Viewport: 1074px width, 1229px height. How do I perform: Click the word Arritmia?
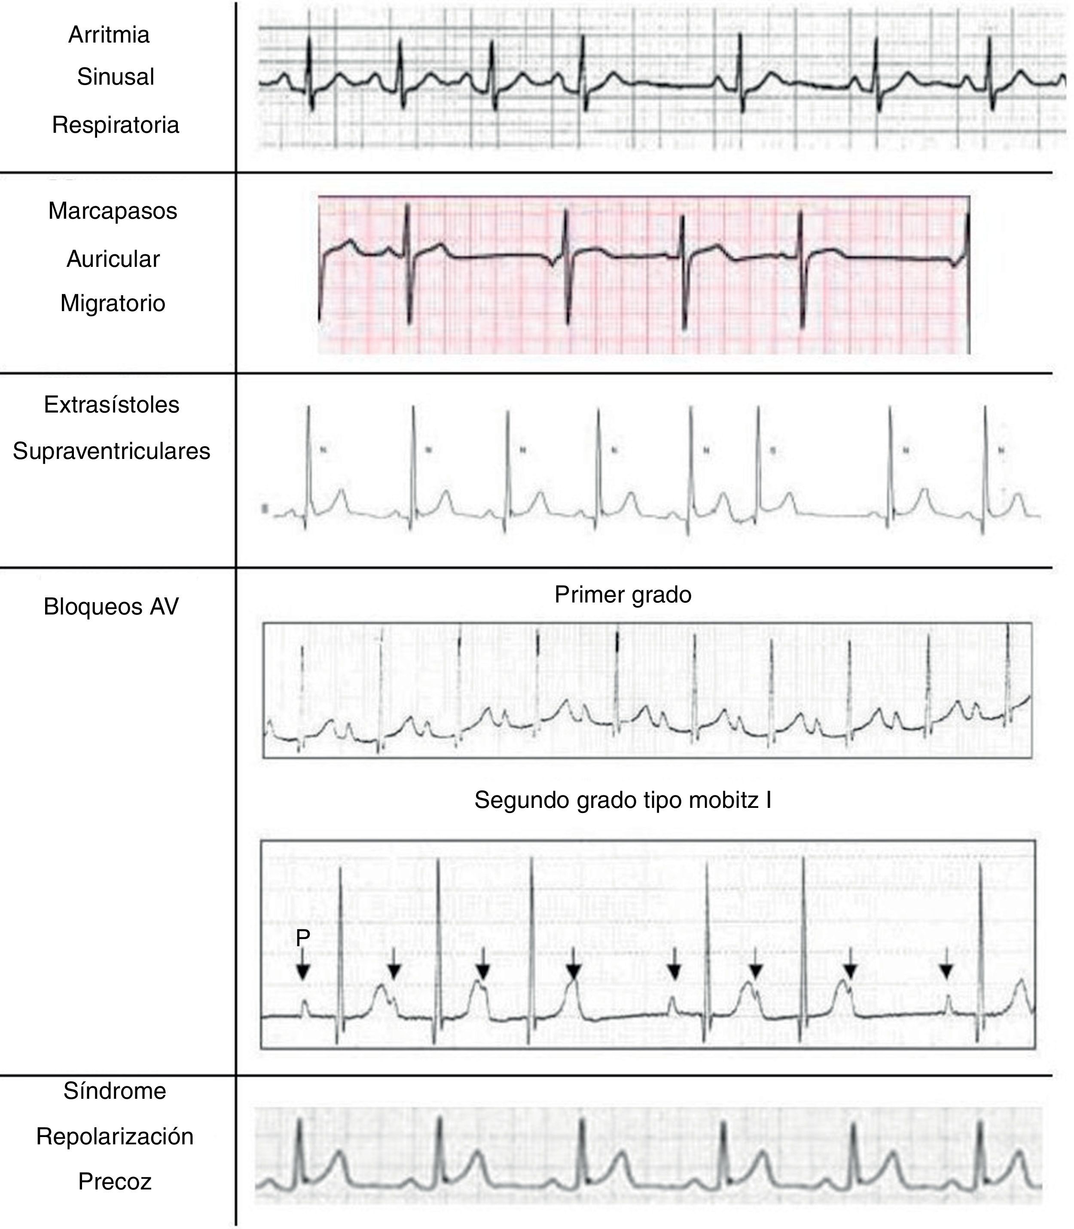[109, 35]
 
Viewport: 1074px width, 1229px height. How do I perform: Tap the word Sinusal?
[116, 77]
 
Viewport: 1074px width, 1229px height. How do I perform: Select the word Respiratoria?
[116, 125]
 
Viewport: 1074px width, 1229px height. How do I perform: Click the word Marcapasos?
[113, 211]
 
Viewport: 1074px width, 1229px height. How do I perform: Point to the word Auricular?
[113, 259]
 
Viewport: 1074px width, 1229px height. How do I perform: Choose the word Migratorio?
[113, 303]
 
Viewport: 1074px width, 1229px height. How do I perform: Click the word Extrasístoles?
[111, 405]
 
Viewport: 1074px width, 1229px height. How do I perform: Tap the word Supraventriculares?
[111, 451]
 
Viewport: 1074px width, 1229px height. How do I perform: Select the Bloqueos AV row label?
[111, 607]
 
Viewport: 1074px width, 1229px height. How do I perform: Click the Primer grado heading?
[622, 595]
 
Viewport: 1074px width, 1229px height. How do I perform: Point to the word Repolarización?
[114, 1137]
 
